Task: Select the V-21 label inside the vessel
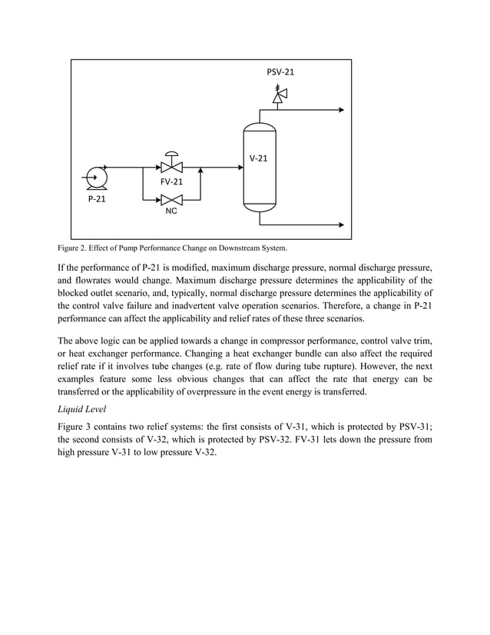coord(259,159)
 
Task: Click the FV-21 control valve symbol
coord(171,165)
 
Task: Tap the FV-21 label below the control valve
coord(171,183)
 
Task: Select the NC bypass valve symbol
coord(171,200)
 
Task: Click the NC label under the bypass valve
coord(171,211)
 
